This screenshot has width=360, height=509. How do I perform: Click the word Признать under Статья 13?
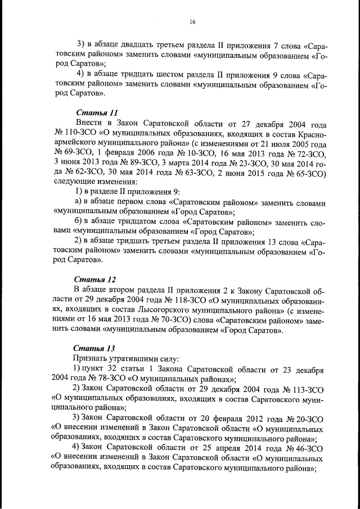[92, 358]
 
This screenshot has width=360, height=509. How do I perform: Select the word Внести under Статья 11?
[88, 123]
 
